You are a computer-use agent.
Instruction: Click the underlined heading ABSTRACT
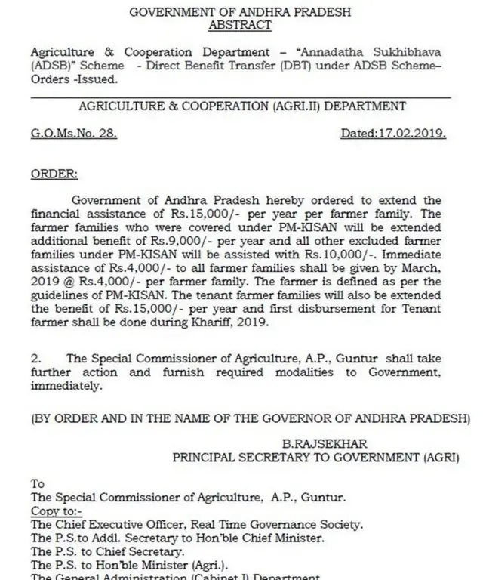click(x=241, y=24)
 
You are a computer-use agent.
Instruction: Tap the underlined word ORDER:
click(x=53, y=174)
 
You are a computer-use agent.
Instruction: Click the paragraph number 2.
click(x=35, y=359)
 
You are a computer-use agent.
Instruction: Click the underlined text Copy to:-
click(x=54, y=511)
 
